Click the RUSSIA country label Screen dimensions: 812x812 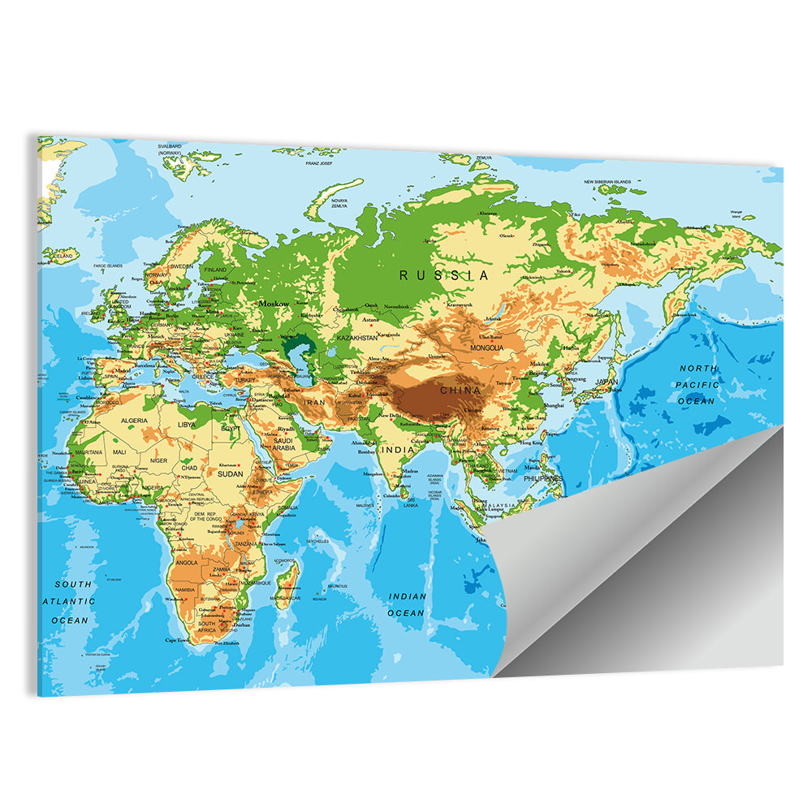(444, 275)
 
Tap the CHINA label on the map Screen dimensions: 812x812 (460, 391)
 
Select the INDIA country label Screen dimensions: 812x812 (399, 449)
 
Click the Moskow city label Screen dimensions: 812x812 (274, 303)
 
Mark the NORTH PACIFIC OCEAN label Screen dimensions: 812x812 (698, 384)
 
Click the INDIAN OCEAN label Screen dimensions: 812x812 (407, 604)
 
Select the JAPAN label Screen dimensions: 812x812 (607, 382)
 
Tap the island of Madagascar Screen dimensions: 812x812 (287, 578)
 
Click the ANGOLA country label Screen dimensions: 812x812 (186, 563)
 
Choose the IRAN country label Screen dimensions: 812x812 (314, 401)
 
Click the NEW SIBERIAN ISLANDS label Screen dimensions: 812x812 (619, 182)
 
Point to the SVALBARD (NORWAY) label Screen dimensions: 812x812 (169, 149)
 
